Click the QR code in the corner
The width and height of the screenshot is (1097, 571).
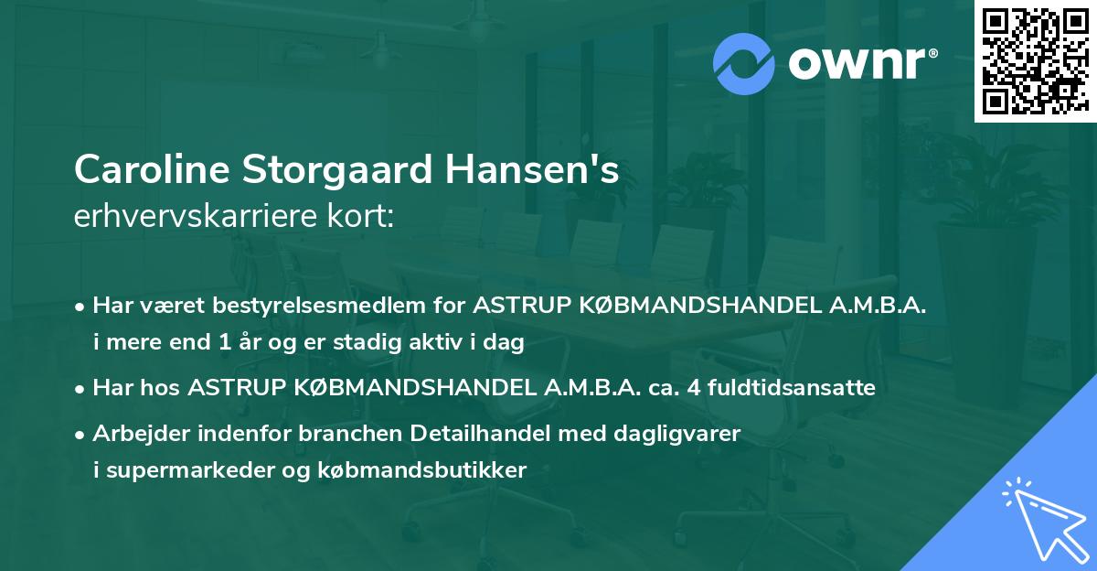pos(1035,60)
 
